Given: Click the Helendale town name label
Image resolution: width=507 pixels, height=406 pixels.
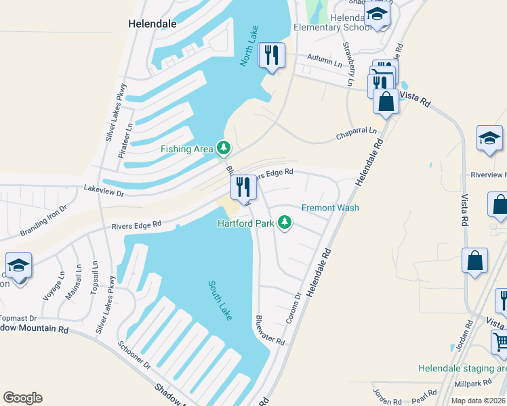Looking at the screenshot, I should pyautogui.click(x=153, y=23).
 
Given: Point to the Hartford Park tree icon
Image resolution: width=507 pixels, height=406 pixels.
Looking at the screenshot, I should pyautogui.click(x=285, y=223).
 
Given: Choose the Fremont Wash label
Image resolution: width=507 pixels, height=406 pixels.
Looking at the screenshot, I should pyautogui.click(x=330, y=208).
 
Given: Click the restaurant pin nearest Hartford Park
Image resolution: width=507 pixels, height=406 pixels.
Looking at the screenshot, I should pyautogui.click(x=243, y=187).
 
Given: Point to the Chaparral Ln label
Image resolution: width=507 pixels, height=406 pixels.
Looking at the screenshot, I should pyautogui.click(x=356, y=134).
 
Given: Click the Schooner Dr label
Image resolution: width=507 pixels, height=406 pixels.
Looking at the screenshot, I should pyautogui.click(x=134, y=355).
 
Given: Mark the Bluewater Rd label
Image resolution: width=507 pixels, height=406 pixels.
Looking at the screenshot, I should pyautogui.click(x=270, y=330).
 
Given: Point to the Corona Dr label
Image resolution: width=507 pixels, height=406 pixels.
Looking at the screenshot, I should pyautogui.click(x=293, y=308).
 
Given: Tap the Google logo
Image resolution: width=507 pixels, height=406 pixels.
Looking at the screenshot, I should pyautogui.click(x=22, y=398).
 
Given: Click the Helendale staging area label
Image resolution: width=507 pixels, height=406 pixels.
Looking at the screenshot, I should pyautogui.click(x=462, y=369).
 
